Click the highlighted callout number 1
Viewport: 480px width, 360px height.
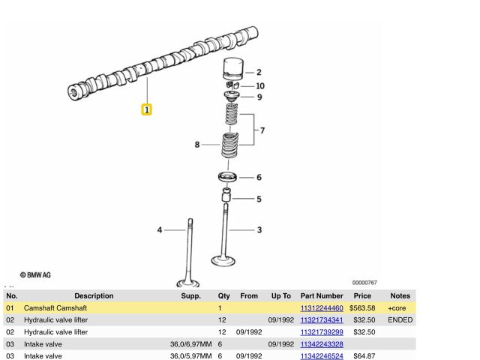147,109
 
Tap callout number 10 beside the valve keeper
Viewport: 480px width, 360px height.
260,86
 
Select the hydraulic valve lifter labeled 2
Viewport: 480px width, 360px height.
233,69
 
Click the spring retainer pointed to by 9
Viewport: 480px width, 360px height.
232,97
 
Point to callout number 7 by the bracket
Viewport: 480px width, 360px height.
262,130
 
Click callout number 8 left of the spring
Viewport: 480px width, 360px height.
197,145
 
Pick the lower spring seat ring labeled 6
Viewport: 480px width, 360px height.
227,177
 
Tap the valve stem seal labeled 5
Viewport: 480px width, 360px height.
226,195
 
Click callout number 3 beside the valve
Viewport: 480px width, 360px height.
259,230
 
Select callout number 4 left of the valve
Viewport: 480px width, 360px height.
160,230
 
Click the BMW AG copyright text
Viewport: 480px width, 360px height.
35,275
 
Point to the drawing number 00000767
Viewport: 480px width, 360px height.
364,283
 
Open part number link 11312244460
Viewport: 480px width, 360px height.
322,308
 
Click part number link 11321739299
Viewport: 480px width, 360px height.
322,332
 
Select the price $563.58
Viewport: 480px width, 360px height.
362,308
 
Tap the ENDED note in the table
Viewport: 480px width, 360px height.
400,320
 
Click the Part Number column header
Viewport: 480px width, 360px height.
322,295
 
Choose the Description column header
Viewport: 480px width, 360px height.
94,295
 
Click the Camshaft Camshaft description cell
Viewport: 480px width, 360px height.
55,308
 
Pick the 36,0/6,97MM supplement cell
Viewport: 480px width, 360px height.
191,344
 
